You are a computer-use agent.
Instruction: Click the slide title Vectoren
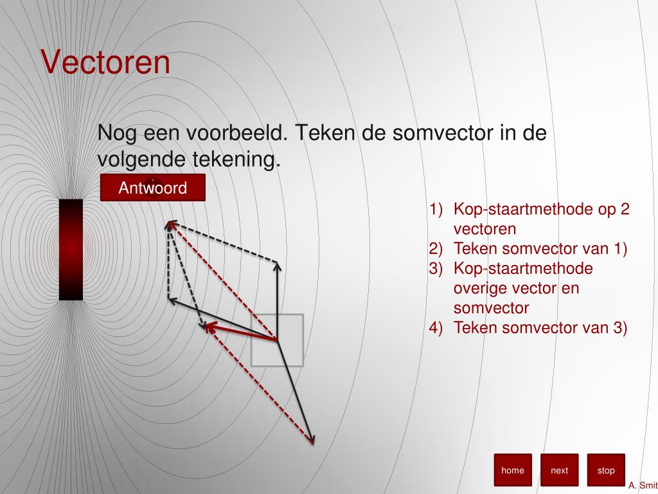tap(106, 62)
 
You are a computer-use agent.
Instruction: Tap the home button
tap(513, 470)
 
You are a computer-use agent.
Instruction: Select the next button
tap(559, 470)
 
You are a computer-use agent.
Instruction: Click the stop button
tap(605, 470)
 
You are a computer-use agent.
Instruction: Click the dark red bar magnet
tap(71, 250)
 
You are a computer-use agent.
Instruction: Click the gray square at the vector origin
tap(277, 340)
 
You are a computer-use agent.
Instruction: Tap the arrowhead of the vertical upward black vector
tap(277, 265)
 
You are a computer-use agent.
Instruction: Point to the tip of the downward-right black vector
tap(313, 441)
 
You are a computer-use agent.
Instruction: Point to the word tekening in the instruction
tap(237, 159)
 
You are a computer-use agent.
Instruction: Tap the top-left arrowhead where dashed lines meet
tap(170, 224)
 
